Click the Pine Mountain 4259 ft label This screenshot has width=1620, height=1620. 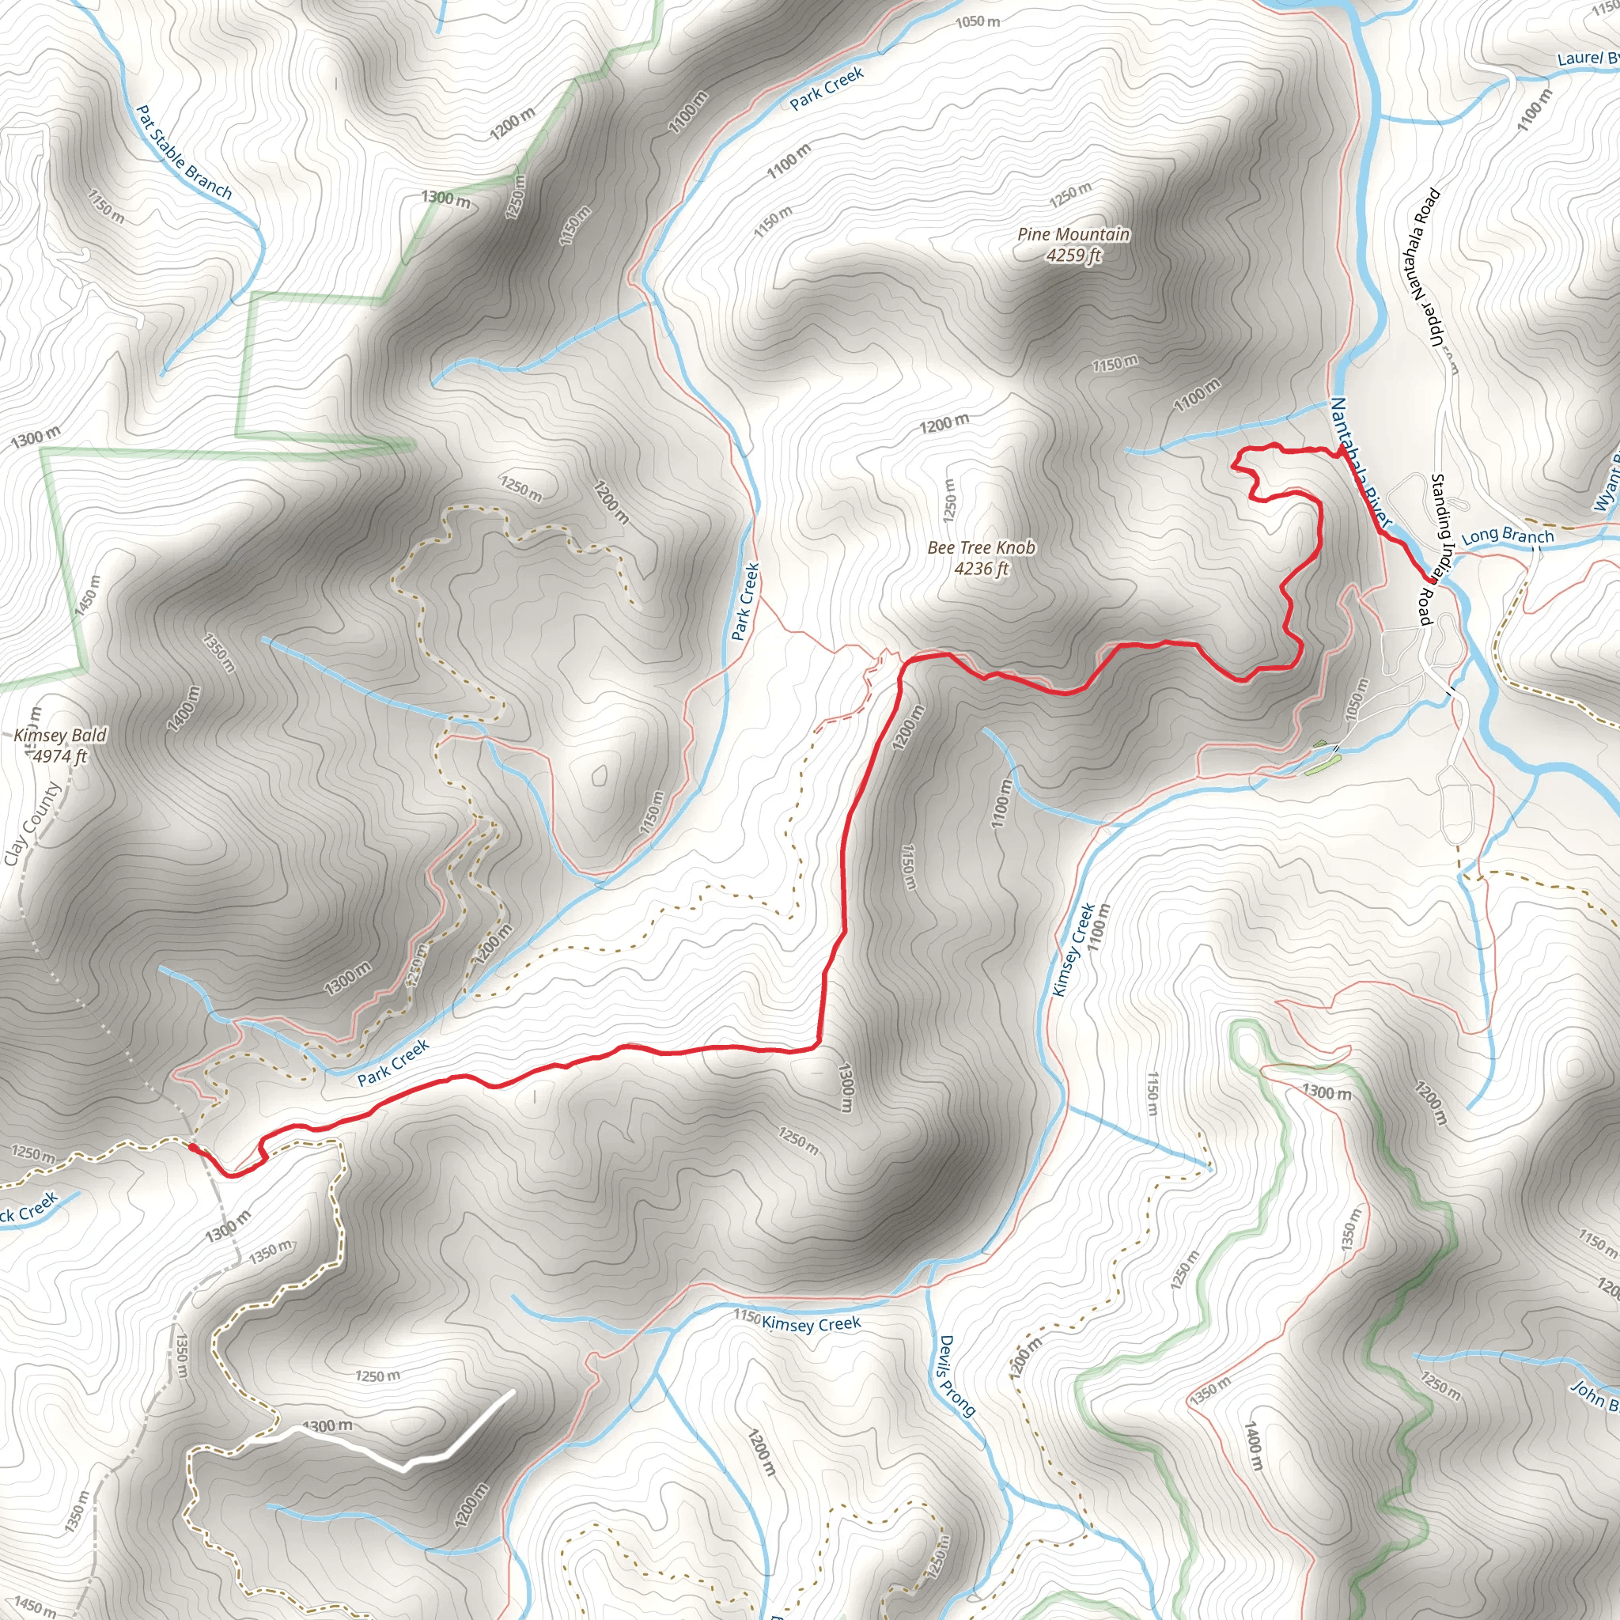click(1073, 244)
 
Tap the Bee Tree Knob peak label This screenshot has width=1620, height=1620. click(981, 558)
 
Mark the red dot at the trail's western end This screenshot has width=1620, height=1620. click(193, 1147)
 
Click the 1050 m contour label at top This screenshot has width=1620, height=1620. click(977, 21)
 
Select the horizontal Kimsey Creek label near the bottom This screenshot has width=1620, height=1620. click(810, 1324)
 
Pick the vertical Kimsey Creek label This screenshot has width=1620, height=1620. click(1073, 949)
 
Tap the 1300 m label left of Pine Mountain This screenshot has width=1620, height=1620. click(445, 199)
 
